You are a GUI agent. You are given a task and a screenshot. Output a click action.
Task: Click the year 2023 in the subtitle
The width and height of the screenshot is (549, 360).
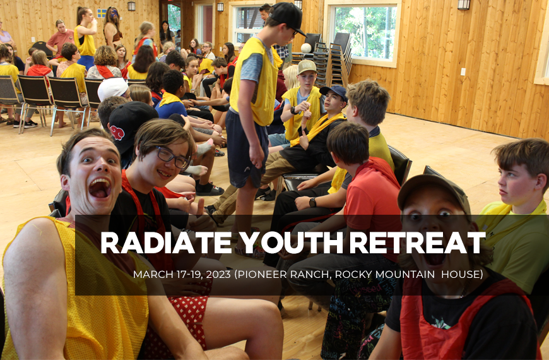(218, 274)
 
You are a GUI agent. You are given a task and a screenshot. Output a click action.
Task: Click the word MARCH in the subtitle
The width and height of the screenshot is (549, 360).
(150, 274)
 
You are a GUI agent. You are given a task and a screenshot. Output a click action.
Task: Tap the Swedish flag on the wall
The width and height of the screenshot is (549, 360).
(102, 13)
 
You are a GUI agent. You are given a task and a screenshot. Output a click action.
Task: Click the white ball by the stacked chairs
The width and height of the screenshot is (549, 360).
(306, 47)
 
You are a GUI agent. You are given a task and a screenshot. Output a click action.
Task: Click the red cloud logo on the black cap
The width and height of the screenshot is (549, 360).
(117, 133)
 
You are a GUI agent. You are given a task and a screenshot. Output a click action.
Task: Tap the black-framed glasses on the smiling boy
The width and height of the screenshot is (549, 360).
(172, 158)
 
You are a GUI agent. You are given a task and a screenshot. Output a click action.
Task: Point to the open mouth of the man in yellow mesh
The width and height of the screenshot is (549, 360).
(100, 188)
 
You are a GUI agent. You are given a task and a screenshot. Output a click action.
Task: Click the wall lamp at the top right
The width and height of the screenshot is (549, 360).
(464, 4)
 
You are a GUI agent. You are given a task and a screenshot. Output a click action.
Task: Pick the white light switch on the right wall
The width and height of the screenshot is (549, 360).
(463, 71)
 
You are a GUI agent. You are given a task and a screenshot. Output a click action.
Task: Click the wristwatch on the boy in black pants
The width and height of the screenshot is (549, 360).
(312, 202)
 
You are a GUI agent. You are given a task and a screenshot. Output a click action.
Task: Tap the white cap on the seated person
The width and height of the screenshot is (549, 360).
(113, 88)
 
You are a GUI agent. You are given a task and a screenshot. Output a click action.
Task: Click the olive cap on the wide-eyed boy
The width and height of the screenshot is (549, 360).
(434, 193)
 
